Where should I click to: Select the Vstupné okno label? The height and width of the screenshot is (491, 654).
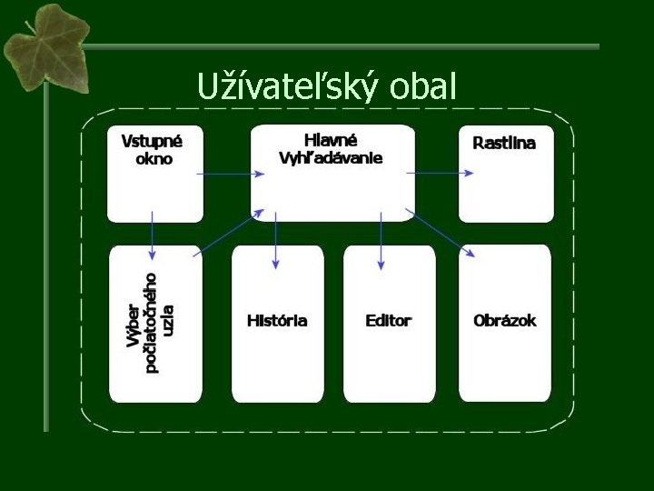(x=152, y=149)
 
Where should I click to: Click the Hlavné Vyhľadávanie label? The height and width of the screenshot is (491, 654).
(x=331, y=148)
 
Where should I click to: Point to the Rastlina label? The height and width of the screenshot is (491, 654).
(x=504, y=143)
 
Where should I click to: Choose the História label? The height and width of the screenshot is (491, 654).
(x=277, y=320)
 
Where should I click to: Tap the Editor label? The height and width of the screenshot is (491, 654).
(x=388, y=320)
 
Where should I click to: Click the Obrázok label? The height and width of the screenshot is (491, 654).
(x=505, y=320)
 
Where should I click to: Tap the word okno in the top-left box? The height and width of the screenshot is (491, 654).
(x=154, y=158)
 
